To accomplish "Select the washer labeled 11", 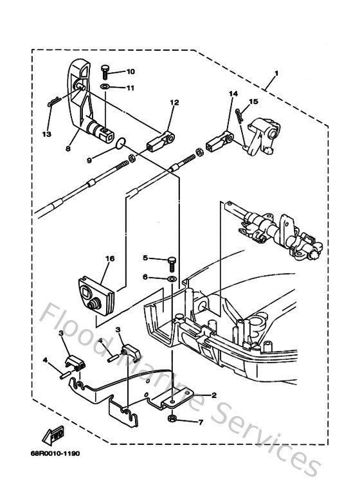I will click(x=105, y=86).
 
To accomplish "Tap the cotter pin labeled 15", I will click(x=240, y=118).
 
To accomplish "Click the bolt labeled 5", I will click(x=172, y=260).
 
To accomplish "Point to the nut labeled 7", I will click(x=173, y=420).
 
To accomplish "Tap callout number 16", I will click(x=110, y=258).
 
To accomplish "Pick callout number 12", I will click(x=174, y=102).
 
